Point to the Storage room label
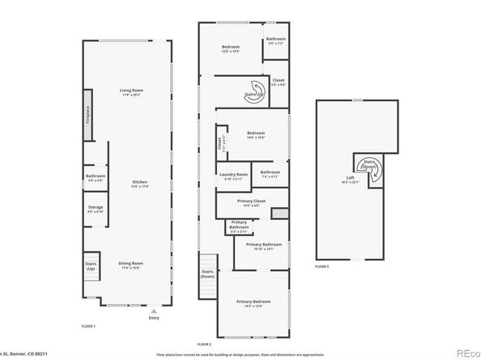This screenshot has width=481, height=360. tap(96, 208)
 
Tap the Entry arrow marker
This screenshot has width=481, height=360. tap(154, 309)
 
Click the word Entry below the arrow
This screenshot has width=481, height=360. tap(154, 318)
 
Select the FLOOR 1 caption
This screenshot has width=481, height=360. tap(88, 325)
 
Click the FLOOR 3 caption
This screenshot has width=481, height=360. tap(322, 266)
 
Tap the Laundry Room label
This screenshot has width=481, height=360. tap(232, 175)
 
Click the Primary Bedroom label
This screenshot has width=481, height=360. tap(253, 303)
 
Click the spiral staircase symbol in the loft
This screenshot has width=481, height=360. tap(369, 164)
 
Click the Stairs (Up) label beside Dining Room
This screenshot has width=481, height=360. tap(92, 266)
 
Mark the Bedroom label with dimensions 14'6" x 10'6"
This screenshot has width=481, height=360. tap(255, 134)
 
